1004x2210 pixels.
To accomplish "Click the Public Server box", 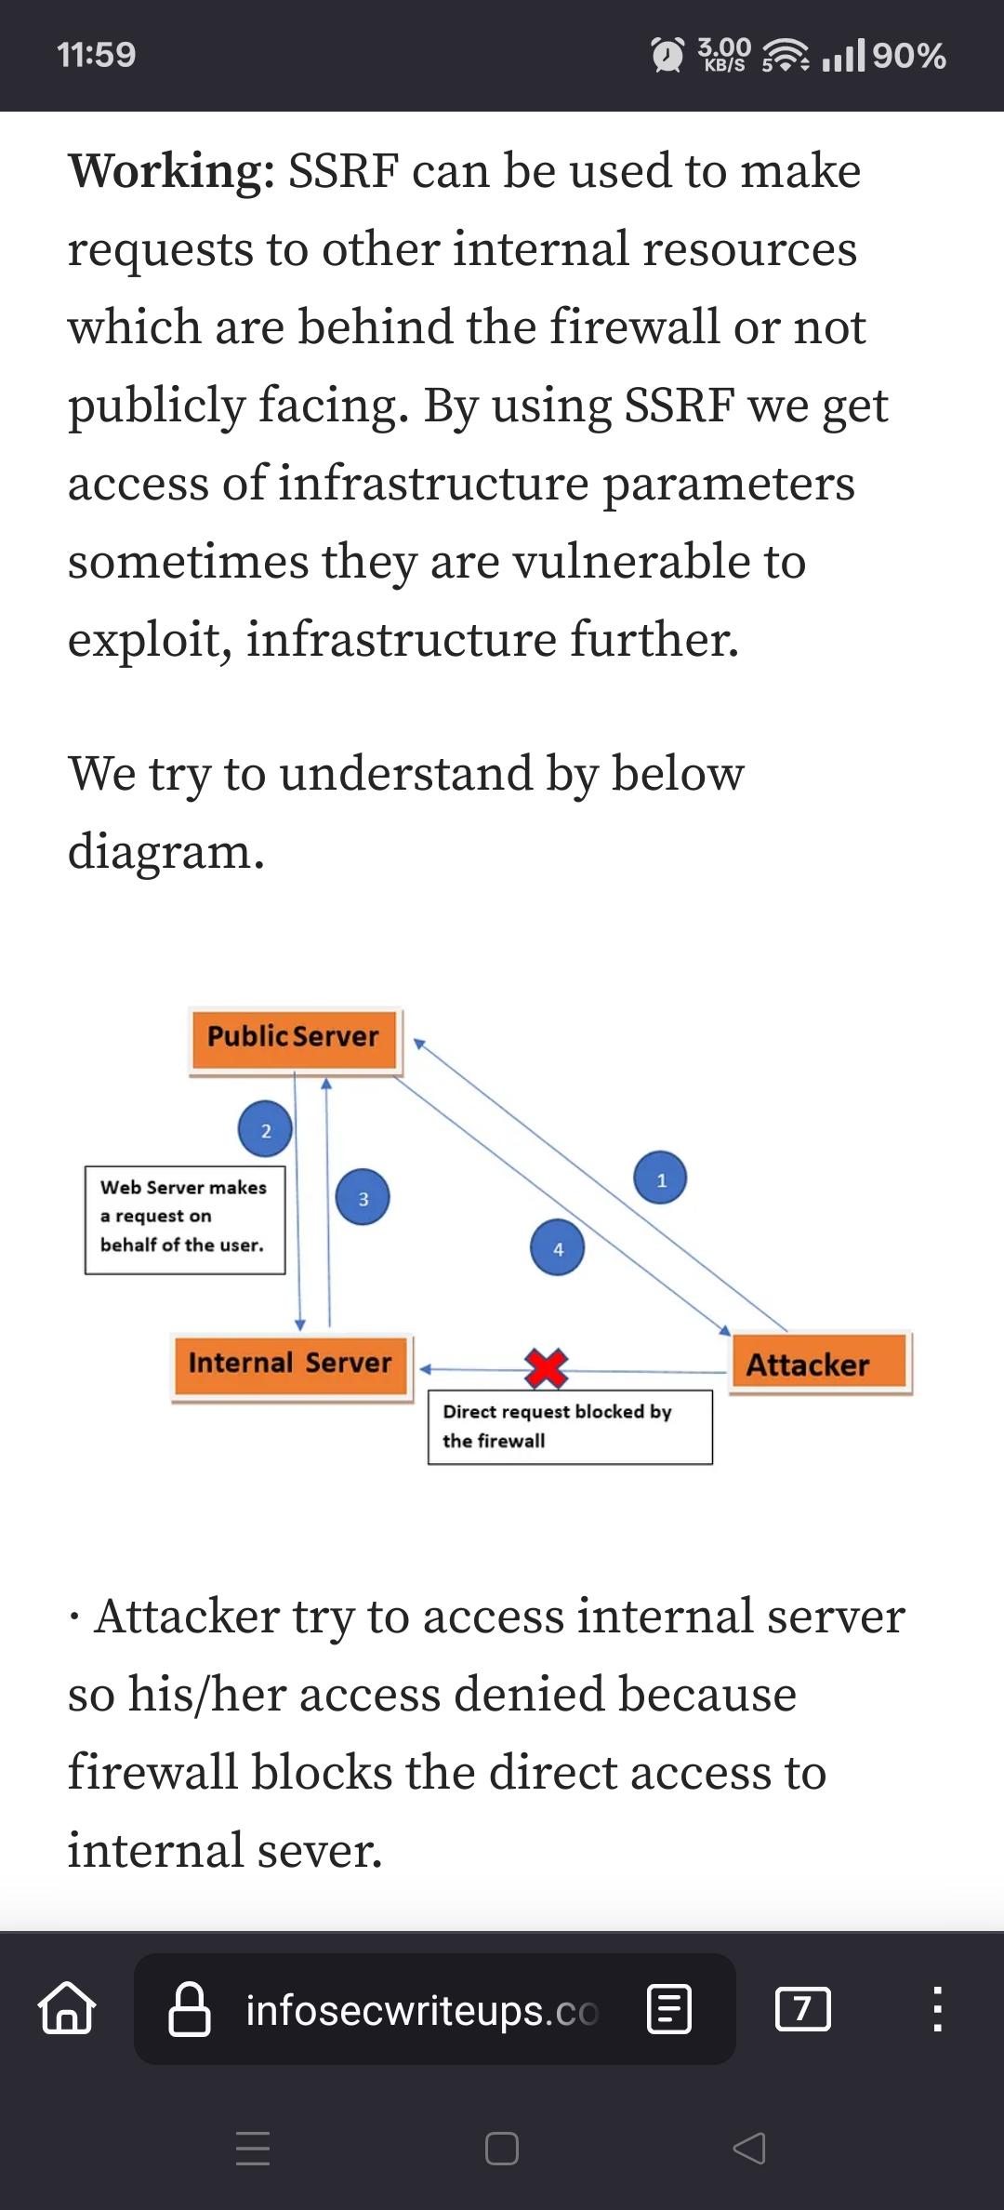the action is (295, 1041).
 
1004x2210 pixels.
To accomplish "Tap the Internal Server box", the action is (292, 1366).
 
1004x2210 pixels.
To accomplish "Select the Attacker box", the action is (820, 1364).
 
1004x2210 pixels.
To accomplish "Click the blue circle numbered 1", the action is (660, 1178).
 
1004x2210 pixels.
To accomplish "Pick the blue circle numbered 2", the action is (265, 1129).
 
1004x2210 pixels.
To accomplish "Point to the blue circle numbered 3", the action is (363, 1197).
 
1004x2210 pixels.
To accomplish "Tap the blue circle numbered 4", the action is (557, 1247).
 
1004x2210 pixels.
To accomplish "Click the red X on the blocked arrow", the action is (546, 1367).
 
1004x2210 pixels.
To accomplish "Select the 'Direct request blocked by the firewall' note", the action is (570, 1427).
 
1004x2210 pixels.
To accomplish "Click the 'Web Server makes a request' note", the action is (185, 1220).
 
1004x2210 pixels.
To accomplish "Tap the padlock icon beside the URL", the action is (189, 2009).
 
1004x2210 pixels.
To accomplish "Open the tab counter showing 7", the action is (802, 2009).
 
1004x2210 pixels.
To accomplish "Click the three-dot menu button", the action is (937, 2009).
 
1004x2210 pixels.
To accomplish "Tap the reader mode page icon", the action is (668, 2009).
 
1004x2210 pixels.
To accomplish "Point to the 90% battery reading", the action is (908, 56).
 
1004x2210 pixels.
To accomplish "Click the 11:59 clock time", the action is (97, 55).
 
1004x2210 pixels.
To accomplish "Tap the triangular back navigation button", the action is (749, 2148).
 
